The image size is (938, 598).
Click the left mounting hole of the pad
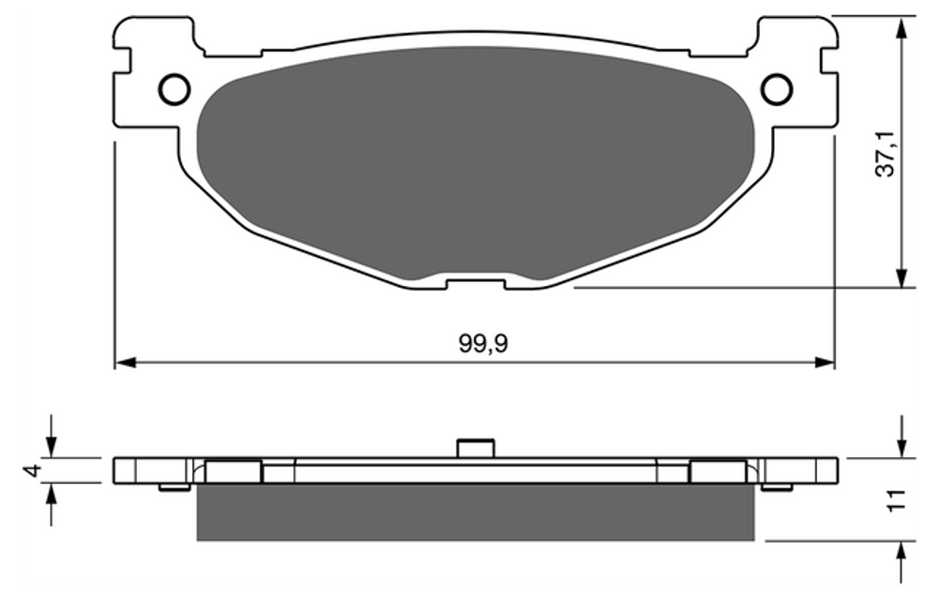174,90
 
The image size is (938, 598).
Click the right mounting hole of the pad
777,90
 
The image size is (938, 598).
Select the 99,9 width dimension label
483,344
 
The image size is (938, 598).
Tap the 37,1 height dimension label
885,154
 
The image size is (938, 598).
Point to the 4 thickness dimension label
34,470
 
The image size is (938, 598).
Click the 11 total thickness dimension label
894,501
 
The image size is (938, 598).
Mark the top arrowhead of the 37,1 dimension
901,27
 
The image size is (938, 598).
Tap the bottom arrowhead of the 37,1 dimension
901,277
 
